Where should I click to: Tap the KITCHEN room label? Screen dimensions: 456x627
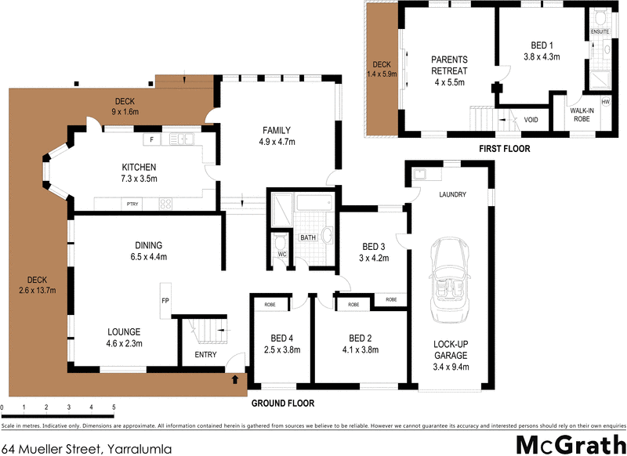tap(139, 168)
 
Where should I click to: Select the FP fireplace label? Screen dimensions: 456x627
tap(165, 299)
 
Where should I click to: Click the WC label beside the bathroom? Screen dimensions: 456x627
tap(281, 254)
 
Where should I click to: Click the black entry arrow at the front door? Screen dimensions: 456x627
tap(235, 381)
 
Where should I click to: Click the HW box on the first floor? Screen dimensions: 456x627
tap(605, 103)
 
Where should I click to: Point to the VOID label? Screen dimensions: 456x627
tap(531, 120)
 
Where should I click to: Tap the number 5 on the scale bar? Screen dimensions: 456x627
tap(114, 408)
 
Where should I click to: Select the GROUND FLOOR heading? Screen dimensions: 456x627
tap(282, 404)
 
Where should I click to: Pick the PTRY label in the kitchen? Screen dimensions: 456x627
tap(132, 204)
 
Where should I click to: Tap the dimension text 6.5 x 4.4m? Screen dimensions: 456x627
tap(149, 256)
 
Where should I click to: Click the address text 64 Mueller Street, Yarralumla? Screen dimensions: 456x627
tap(86, 449)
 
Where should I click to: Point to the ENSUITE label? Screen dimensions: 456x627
tap(600, 31)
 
